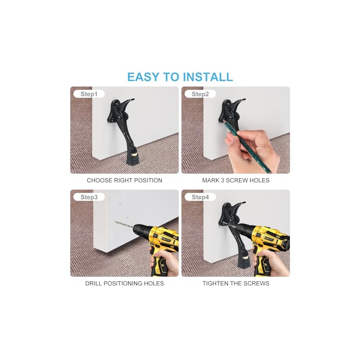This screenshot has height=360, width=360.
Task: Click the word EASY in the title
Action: (x=144, y=76)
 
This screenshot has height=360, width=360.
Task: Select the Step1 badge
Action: (x=89, y=94)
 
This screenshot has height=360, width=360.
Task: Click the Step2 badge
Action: (x=200, y=94)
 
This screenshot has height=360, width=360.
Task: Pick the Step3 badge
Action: (x=89, y=197)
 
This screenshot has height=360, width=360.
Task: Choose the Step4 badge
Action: (x=200, y=197)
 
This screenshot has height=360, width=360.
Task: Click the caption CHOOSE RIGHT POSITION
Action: (x=125, y=180)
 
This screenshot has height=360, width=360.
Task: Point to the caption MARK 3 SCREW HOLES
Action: (x=236, y=180)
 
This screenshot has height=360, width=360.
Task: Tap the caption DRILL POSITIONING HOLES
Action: (x=125, y=283)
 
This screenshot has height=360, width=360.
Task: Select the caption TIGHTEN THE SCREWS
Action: (x=236, y=283)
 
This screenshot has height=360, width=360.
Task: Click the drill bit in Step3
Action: (x=124, y=225)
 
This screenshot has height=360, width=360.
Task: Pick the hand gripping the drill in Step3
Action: (x=164, y=262)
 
